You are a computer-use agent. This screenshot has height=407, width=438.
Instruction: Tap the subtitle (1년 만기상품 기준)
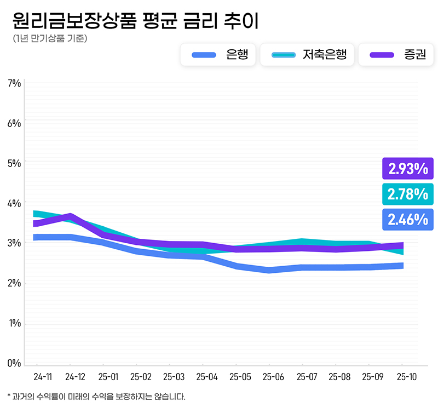click(x=49, y=39)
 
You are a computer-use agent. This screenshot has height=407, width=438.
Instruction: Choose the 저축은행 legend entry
click(x=307, y=54)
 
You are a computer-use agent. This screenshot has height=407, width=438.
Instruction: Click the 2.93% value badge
click(x=408, y=169)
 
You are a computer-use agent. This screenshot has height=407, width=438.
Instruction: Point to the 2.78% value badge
click(x=408, y=194)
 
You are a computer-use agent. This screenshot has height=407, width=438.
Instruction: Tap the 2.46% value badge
click(x=408, y=220)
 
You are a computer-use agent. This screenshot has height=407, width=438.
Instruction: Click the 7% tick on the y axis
click(x=14, y=83)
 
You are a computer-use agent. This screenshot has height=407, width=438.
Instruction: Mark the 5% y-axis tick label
click(x=14, y=163)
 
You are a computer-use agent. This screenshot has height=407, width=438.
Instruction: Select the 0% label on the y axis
click(x=14, y=363)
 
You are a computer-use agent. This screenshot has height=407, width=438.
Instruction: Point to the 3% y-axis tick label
click(x=14, y=243)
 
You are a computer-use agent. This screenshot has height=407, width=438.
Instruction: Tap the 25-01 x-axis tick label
click(x=108, y=377)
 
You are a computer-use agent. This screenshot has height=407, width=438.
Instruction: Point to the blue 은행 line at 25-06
click(x=269, y=270)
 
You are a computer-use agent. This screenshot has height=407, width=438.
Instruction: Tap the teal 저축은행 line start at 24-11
click(x=36, y=213)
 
